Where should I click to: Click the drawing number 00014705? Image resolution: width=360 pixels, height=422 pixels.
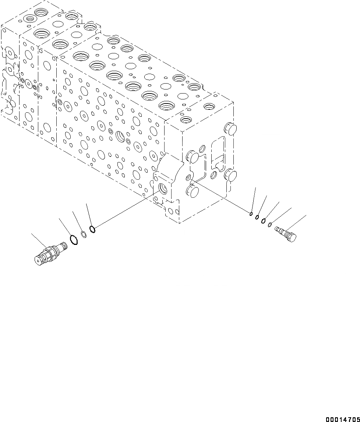342,419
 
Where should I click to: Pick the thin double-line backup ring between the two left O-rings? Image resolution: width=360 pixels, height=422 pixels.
84,234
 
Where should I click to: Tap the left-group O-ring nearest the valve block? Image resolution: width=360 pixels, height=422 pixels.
93,230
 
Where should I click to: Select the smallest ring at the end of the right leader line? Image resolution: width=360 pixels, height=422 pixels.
251,213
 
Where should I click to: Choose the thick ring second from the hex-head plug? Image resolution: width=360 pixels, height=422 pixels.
264,221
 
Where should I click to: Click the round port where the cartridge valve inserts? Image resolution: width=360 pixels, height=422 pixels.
162,188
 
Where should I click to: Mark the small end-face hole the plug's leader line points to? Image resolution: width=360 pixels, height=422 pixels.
189,178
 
